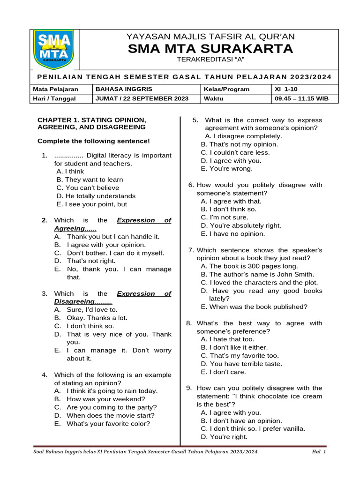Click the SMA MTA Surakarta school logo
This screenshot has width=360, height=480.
54,49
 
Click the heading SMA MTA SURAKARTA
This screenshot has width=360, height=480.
210,49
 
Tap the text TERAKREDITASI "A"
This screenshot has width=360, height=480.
210,60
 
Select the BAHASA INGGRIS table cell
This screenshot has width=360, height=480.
124,89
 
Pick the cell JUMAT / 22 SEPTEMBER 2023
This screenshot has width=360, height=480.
142,98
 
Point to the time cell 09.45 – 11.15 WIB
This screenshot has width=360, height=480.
302,98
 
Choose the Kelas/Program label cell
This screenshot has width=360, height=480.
226,89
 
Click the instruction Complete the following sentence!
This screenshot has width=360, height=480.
94,141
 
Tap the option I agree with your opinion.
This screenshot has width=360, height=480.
106,245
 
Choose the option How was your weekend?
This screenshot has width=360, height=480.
106,399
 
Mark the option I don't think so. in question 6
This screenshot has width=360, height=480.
229,209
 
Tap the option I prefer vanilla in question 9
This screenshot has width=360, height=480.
253,428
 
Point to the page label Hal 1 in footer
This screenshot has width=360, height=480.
319,452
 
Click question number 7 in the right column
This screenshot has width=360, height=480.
191,250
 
